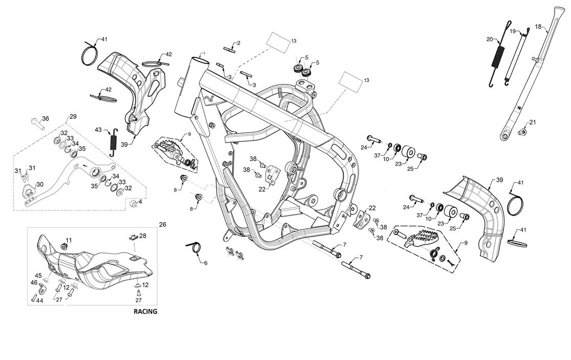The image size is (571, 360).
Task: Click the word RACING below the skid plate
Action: coord(145,311)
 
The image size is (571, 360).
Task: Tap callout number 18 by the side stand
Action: coord(538,26)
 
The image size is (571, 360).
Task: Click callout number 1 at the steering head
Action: coord(203,53)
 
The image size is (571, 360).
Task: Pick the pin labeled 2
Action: coord(230,49)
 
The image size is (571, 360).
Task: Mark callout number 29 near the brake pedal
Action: coord(73,117)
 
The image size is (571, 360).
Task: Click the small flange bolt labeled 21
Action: coord(522,133)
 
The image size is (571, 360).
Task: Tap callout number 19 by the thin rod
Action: coord(513,31)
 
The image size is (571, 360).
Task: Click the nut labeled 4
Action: coord(134,205)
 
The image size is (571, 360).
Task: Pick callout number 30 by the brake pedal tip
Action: coord(40,184)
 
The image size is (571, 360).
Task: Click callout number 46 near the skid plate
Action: coord(33,282)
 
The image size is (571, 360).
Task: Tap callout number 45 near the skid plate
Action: coord(38,275)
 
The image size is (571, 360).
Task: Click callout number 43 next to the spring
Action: coord(98,130)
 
